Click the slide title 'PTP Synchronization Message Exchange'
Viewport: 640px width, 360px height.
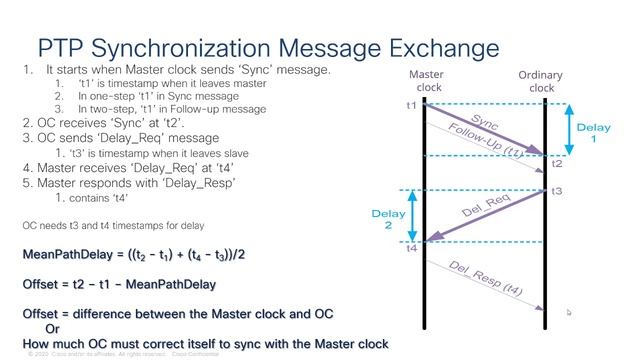[x=268, y=48]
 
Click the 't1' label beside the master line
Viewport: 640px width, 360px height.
[x=411, y=105]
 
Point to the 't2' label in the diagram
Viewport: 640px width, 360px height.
[x=557, y=164]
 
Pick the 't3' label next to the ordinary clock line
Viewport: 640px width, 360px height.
[x=557, y=191]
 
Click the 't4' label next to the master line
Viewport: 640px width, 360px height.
[x=411, y=248]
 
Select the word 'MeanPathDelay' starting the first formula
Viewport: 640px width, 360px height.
[x=68, y=255]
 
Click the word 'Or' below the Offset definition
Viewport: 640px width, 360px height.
[x=53, y=329]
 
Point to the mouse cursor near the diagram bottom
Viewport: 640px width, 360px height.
[x=569, y=313]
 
